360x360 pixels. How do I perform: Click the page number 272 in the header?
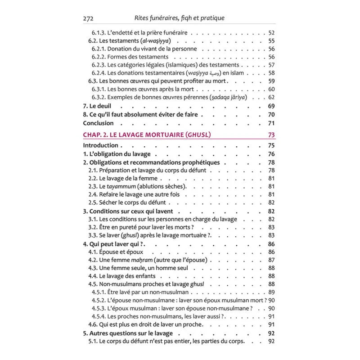point(89,18)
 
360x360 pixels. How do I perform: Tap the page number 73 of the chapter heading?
point(271,135)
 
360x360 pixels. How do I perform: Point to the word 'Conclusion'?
point(99,123)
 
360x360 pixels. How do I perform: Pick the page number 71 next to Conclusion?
point(271,123)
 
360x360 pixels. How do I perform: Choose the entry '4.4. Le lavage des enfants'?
point(122,276)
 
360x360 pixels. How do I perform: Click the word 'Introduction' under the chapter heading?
point(100,145)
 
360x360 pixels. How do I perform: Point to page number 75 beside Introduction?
point(271,145)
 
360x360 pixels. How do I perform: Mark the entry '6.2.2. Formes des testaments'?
point(130,57)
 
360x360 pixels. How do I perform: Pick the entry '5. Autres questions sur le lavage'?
point(128,333)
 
